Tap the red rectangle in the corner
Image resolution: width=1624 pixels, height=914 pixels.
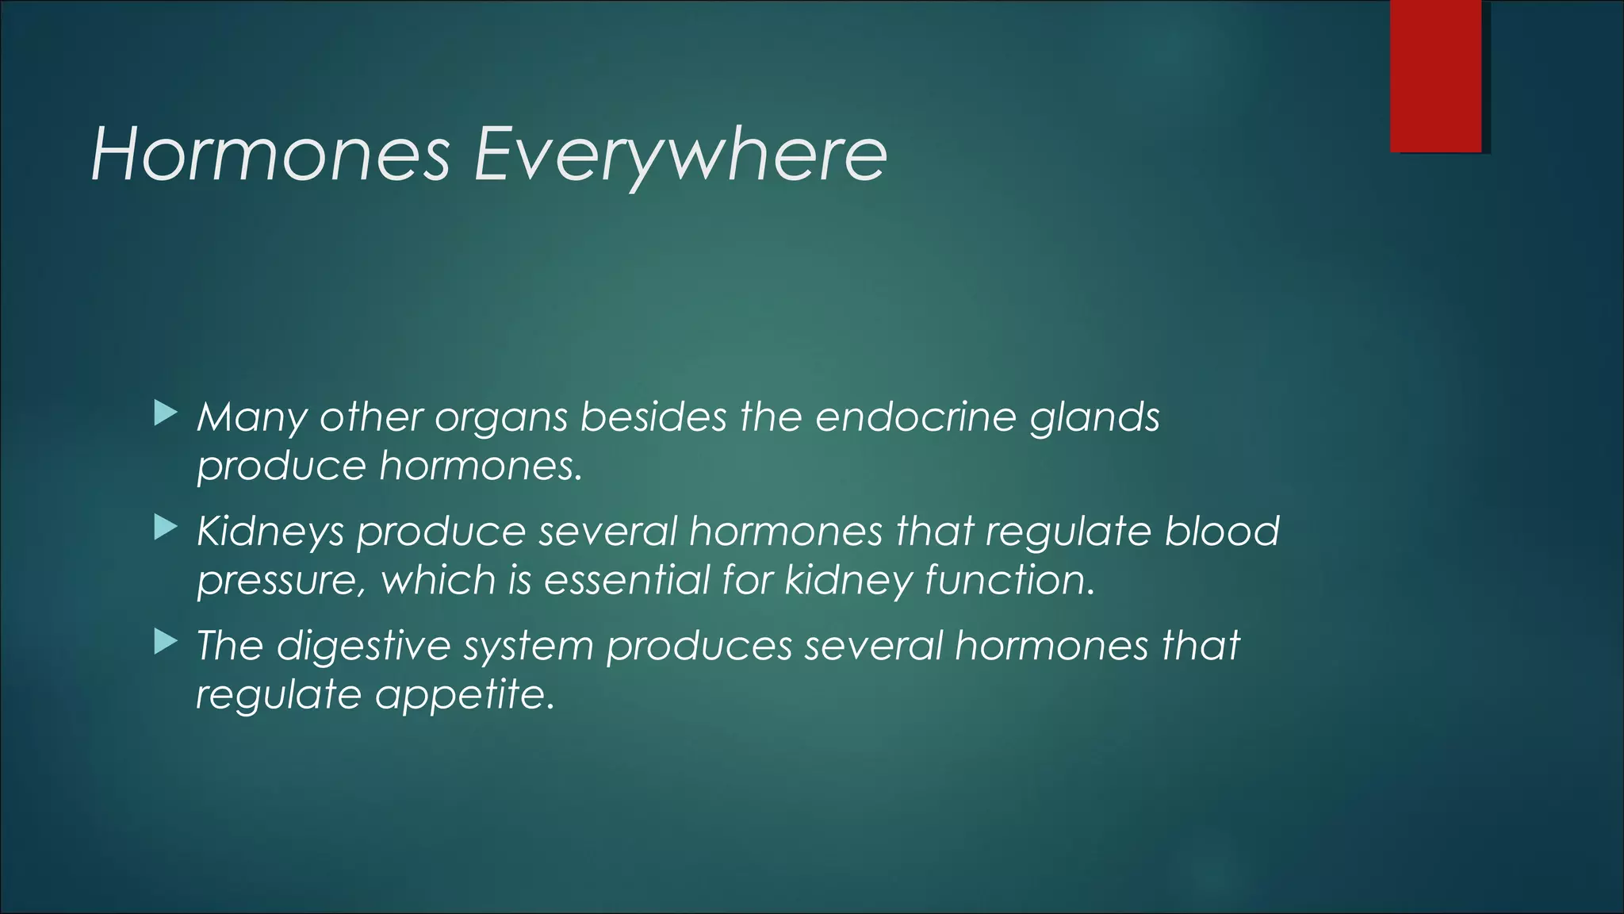(x=1435, y=76)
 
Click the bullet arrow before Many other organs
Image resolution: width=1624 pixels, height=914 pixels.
(x=165, y=413)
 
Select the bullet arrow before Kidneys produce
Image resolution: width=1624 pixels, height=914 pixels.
(x=165, y=528)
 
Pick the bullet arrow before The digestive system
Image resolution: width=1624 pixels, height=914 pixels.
(x=165, y=642)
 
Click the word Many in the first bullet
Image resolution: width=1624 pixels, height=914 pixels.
(x=251, y=417)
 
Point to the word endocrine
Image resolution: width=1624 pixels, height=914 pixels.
(x=915, y=417)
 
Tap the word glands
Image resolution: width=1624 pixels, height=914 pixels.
(x=1094, y=417)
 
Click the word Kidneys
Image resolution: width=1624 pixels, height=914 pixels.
(x=270, y=532)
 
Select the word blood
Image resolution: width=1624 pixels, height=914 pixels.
(x=1222, y=532)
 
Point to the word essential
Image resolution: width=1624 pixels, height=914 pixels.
(x=626, y=580)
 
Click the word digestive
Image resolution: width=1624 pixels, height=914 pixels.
(x=364, y=646)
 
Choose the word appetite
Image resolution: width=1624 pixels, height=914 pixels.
(x=463, y=696)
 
